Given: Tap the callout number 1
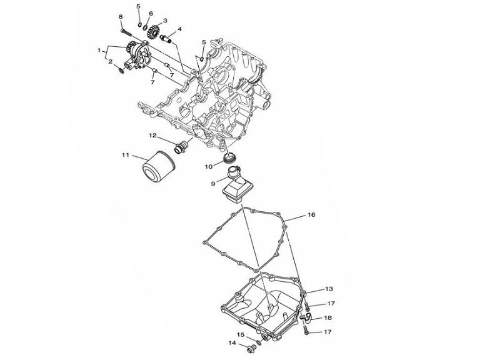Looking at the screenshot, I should [x=99, y=49].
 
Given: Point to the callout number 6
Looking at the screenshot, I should [x=151, y=13].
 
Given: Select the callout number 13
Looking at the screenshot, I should [x=329, y=289].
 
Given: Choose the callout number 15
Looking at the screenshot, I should [x=240, y=334].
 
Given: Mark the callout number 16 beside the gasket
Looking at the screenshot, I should [x=311, y=214].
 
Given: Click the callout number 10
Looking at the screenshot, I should [x=211, y=167].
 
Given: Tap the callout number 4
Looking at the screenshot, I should [x=179, y=29].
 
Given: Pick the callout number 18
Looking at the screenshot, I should [x=328, y=317].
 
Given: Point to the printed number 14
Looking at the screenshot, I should [x=232, y=343].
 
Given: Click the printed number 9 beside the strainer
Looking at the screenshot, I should [x=213, y=183].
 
